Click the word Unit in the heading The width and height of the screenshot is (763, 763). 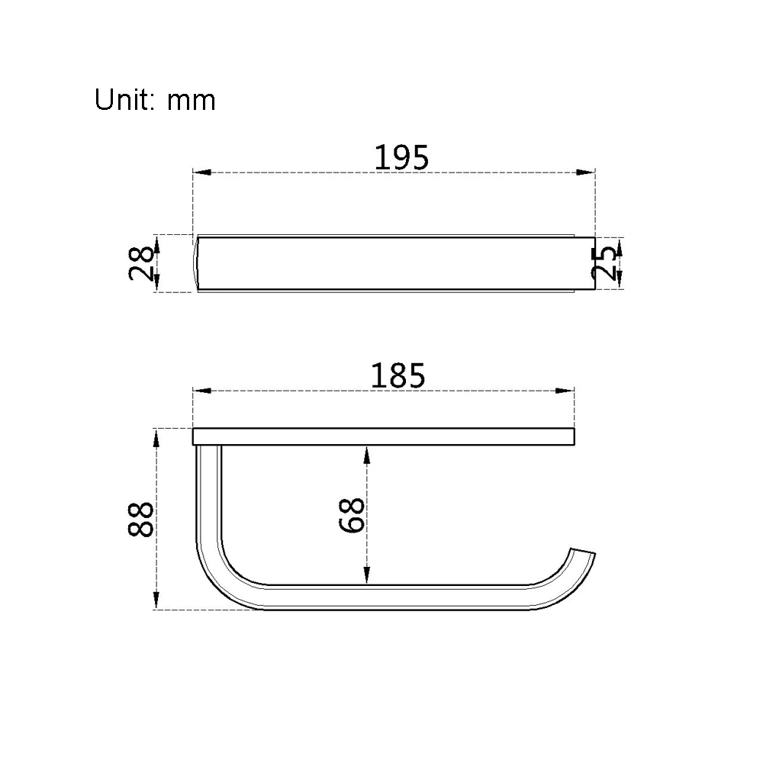(124, 100)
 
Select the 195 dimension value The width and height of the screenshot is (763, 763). (401, 157)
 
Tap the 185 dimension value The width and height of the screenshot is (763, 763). (398, 375)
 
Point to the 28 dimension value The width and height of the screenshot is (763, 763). (141, 263)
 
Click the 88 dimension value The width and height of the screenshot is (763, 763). (140, 519)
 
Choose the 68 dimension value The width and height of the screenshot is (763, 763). (351, 515)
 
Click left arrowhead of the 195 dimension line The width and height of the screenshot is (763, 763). (202, 172)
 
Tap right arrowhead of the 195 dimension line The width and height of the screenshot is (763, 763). (585, 172)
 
